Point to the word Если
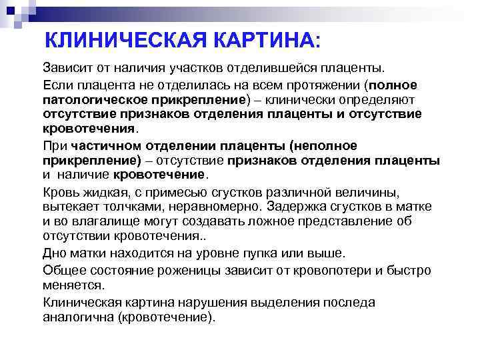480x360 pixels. (x=59, y=85)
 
